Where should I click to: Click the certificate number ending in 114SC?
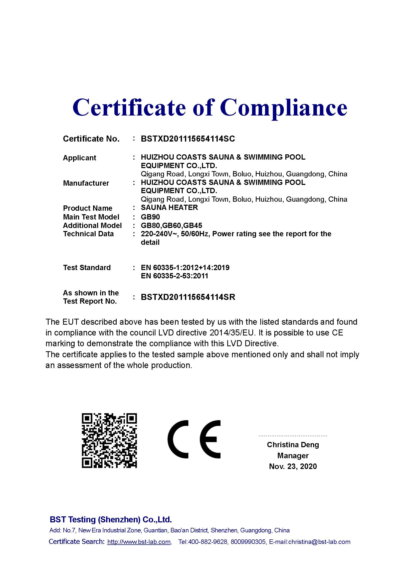tap(188, 139)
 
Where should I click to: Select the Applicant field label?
tap(79, 158)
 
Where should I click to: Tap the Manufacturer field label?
tap(86, 183)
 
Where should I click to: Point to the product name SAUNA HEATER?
tap(169, 207)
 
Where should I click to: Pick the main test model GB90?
tap(150, 217)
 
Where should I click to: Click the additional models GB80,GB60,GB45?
tap(171, 226)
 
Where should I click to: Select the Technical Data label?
tap(88, 234)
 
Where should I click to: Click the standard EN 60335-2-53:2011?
tap(174, 276)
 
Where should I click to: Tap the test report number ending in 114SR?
tap(188, 297)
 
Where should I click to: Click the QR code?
tap(109, 440)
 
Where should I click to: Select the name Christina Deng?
tap(293, 445)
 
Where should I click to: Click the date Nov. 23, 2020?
tap(293, 466)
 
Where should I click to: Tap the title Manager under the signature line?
tap(293, 455)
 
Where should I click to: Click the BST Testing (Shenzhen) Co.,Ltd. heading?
tap(111, 519)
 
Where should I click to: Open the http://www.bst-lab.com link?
tap(139, 542)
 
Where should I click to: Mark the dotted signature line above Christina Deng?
tap(293, 436)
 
